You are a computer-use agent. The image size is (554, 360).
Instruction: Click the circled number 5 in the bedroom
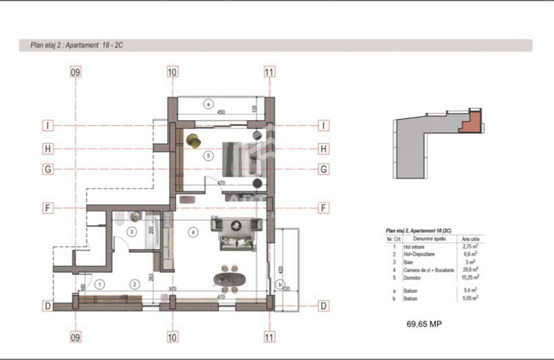click(209, 156)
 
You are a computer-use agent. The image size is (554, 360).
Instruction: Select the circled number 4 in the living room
click(194, 231)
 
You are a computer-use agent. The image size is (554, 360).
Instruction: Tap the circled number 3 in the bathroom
click(131, 232)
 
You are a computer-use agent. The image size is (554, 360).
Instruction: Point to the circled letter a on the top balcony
click(208, 104)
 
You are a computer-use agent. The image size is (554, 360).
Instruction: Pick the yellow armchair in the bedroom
click(193, 141)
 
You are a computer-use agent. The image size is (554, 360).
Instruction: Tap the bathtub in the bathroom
click(154, 231)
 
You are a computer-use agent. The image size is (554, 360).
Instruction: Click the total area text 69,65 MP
click(423, 324)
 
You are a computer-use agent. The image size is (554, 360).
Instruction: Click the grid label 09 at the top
click(75, 72)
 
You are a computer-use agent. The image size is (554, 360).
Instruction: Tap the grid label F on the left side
click(48, 208)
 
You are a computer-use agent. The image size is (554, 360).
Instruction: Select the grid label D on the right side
click(324, 305)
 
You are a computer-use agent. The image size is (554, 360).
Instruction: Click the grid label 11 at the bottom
click(269, 337)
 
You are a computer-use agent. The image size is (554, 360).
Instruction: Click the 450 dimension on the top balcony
click(221, 112)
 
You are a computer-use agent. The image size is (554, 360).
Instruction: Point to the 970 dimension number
click(173, 289)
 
